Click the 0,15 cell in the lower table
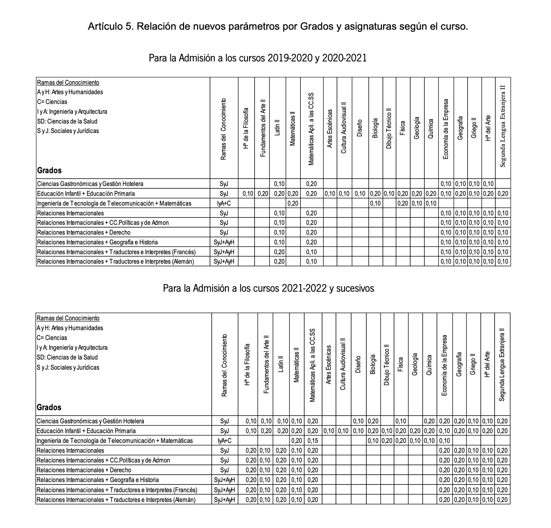pos(313,441)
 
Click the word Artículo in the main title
pos(104,27)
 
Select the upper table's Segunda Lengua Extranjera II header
pos(503,126)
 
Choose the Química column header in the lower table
pos(429,365)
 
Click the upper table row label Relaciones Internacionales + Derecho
pos(84,233)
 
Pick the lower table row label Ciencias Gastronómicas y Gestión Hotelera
pos(90,421)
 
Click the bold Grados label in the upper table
pos(49,170)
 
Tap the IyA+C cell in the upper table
pos(224,203)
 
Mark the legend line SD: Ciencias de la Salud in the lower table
pos(67,358)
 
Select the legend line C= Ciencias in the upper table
pos(52,102)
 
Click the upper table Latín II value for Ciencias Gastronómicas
pos(279,184)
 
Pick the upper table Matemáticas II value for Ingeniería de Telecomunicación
pos(293,203)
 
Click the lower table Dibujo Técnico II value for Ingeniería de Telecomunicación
pos(387,441)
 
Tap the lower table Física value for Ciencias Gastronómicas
pos(401,421)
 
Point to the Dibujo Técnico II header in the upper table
pos(389,128)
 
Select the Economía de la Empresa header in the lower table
pos(445,365)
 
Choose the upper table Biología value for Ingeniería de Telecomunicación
pos(375,203)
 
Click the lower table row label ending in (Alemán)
pos(116,500)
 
